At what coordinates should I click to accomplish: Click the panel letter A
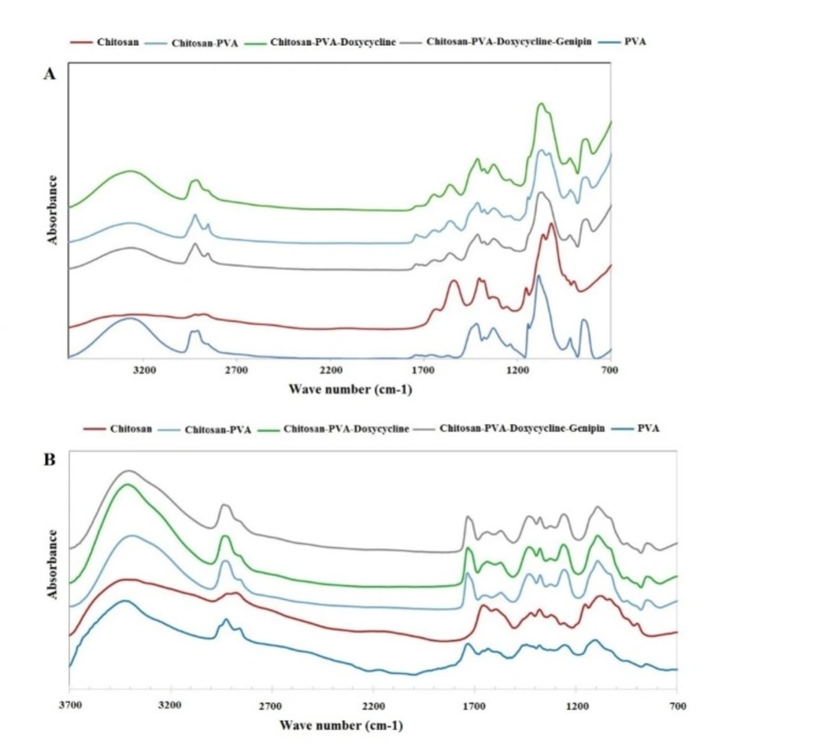coord(49,75)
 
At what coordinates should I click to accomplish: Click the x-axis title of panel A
coord(350,388)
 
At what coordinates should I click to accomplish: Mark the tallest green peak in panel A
coord(541,104)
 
